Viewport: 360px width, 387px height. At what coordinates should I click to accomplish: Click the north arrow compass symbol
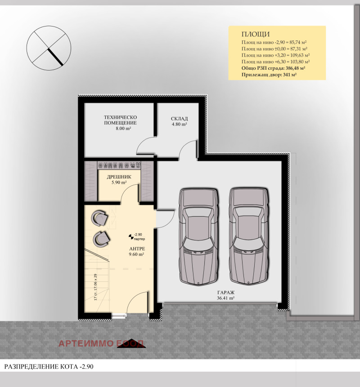pos(49,46)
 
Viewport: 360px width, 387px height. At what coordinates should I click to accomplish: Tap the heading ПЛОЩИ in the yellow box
pos(256,34)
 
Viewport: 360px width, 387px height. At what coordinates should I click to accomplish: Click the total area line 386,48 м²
pos(273,67)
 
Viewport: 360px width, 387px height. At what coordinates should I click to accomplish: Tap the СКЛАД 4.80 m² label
pos(179,121)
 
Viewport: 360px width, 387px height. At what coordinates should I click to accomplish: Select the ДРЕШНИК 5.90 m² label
pos(119,180)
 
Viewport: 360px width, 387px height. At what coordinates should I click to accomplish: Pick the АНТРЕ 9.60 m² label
pos(136,251)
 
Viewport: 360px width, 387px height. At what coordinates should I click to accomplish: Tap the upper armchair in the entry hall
pos(99,218)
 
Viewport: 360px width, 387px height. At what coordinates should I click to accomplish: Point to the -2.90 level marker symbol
pos(131,236)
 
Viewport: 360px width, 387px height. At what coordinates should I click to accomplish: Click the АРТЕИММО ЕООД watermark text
pos(101,344)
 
